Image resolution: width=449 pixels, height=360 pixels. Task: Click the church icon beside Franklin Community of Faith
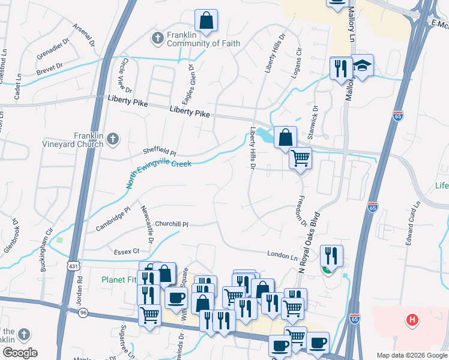[x=158, y=38]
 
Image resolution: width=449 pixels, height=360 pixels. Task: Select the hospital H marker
[x=412, y=320]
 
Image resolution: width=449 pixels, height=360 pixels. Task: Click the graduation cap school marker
[x=362, y=65]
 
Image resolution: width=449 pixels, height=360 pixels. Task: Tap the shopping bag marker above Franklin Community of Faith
[x=206, y=21]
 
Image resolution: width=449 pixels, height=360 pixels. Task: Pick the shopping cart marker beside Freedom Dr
[x=300, y=159]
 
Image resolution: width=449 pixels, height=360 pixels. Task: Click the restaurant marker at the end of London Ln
[x=331, y=256]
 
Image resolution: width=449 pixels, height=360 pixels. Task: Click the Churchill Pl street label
[x=172, y=224]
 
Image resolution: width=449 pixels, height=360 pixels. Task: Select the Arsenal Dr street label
[x=84, y=35]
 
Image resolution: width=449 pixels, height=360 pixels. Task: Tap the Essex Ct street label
[x=126, y=251]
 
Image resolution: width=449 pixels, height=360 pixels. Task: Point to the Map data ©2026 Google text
[x=412, y=355]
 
